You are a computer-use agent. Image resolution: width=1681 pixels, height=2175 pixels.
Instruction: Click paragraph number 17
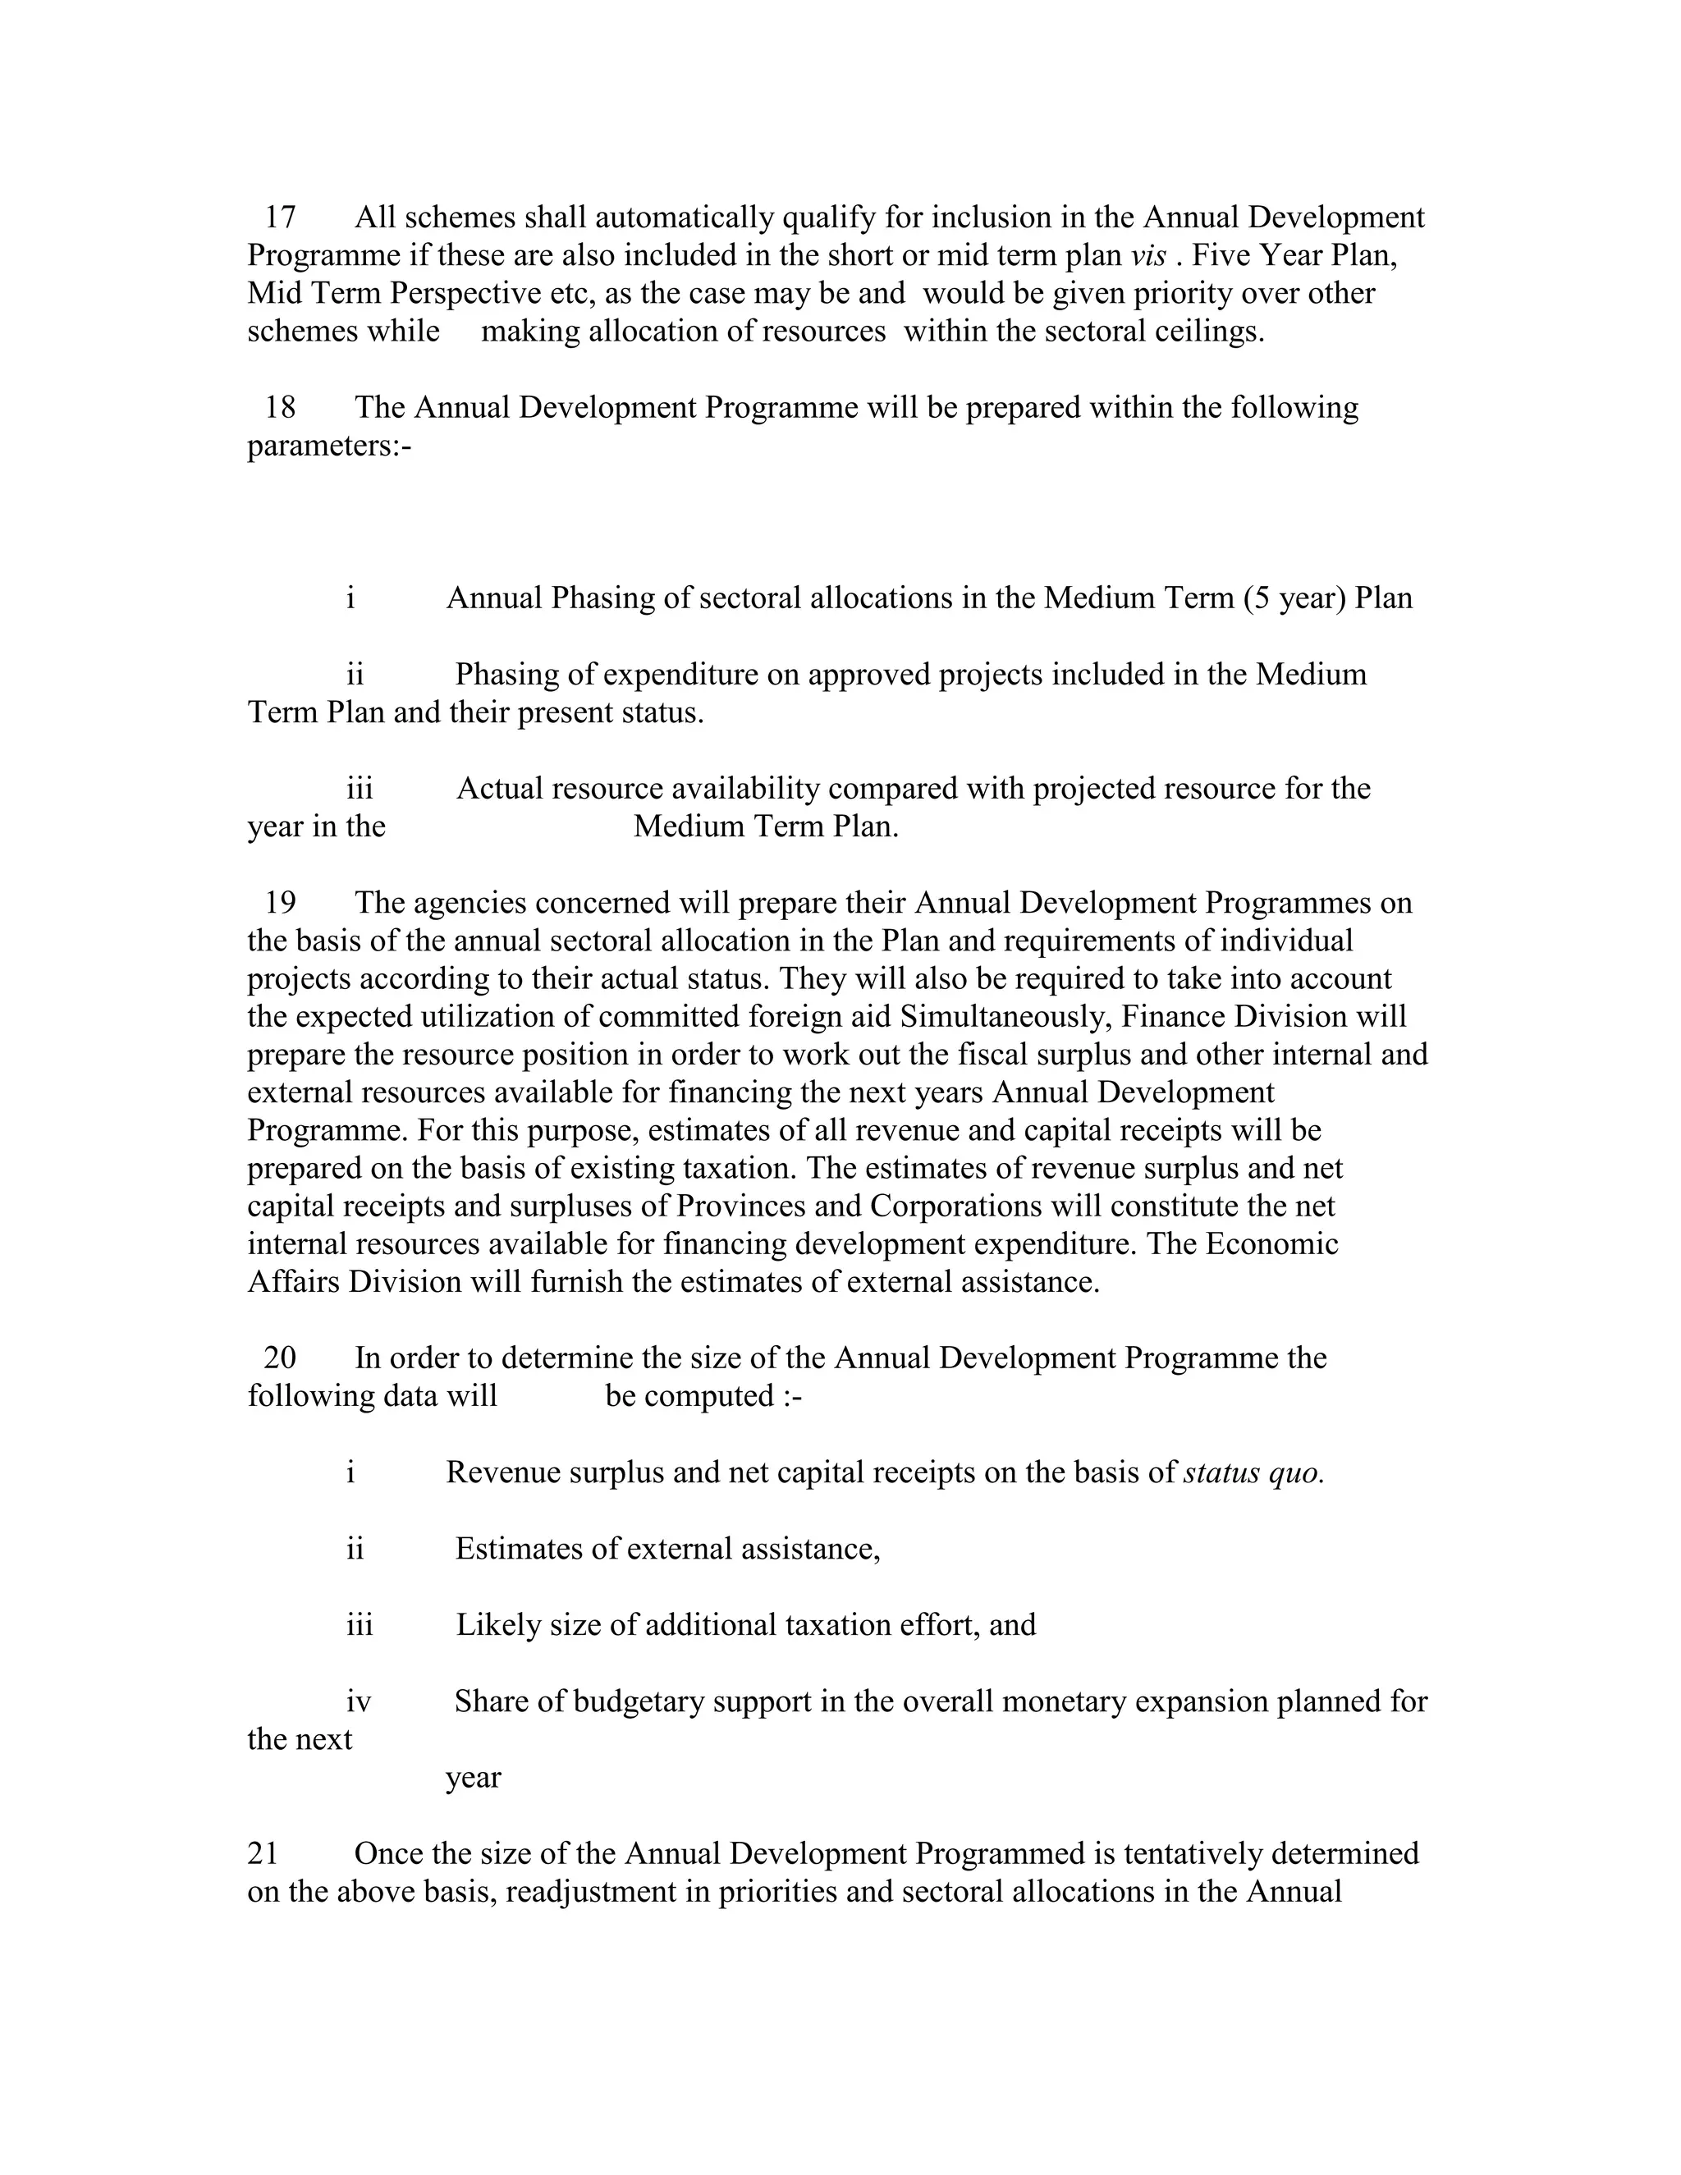point(280,217)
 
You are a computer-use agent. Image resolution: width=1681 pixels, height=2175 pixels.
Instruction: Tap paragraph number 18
point(280,407)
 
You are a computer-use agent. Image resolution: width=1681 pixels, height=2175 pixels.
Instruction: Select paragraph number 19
point(280,902)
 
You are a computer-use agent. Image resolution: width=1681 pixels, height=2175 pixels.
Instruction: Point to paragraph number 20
point(280,1358)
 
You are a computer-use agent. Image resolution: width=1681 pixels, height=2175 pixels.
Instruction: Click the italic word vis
point(1148,255)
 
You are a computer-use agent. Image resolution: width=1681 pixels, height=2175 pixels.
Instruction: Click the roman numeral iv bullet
point(359,1701)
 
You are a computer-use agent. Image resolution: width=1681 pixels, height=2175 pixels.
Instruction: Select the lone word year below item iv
point(473,1778)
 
